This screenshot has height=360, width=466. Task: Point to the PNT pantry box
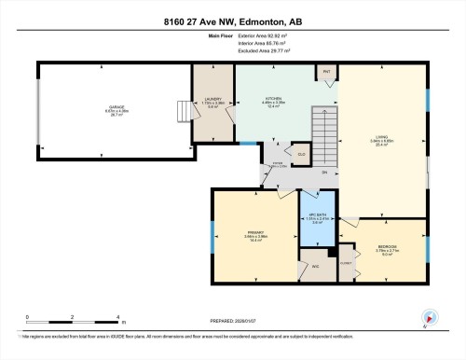click(x=327, y=71)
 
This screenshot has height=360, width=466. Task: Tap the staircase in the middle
click(x=323, y=140)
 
